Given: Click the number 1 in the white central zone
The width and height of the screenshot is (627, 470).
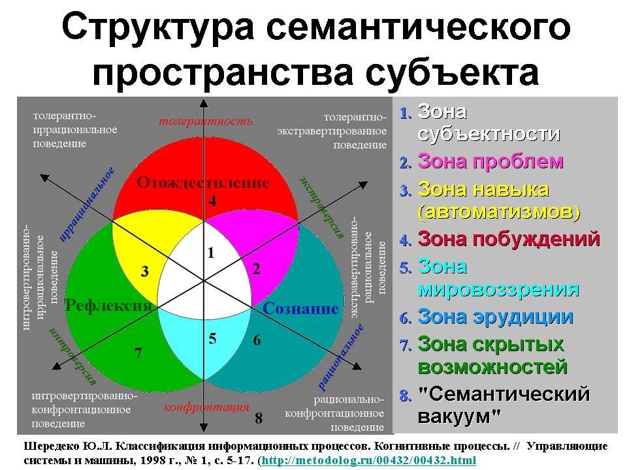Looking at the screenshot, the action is point(211,253).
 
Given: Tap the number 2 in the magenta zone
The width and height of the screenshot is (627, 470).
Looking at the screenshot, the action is point(256,268).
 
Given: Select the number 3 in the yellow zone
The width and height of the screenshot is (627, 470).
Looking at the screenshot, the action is point(145,272).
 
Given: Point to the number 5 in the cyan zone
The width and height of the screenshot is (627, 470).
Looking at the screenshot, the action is point(212,339).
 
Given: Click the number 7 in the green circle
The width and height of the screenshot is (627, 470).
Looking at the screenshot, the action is point(138,353).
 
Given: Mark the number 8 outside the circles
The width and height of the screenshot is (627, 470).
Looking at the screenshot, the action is point(259,418).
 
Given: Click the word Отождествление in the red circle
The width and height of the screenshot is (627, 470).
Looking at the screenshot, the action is point(203,183).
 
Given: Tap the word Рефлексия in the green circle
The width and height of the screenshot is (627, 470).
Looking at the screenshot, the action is point(108,305).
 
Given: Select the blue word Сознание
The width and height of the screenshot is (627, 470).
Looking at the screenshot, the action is point(300,309).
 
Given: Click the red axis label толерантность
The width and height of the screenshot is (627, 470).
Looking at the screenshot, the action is point(206,121).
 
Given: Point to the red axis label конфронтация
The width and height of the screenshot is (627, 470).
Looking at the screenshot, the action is point(206,407).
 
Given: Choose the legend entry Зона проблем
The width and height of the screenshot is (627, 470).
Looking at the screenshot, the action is point(490,161).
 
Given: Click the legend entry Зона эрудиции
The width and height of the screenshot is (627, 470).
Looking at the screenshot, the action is point(496,317).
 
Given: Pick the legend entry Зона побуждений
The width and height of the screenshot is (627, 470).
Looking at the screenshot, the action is point(509,239).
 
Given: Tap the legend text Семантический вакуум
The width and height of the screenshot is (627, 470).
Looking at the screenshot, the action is point(504,405).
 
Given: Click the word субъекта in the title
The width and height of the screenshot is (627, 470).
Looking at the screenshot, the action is point(452,72).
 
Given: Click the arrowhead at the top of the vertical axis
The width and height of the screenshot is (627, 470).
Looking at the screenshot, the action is point(204,103).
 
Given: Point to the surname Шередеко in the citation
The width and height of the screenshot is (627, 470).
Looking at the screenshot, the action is point(51,446).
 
